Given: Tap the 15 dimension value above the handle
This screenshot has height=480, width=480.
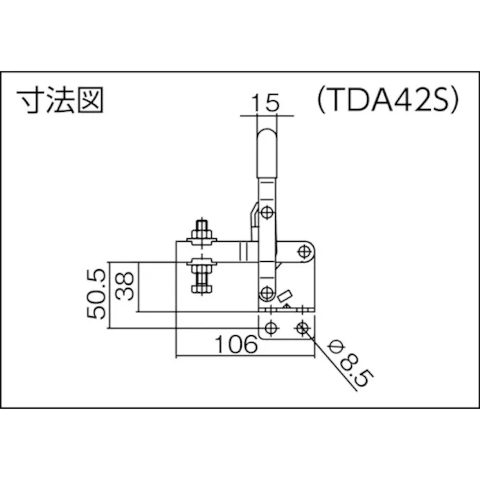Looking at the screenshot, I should coord(267,103).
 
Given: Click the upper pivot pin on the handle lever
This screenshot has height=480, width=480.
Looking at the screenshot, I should coord(267,213).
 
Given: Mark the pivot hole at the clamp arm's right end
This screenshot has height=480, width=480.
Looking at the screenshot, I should coord(304,252).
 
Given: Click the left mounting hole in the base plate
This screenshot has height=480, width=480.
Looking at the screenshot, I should coord(271,328).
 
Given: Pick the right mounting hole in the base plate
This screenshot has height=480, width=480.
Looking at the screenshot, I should coord(302,328).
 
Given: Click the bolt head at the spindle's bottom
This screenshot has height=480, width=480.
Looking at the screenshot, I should coord(201,289).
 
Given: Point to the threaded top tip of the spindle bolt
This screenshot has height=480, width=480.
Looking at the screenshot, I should coord(201,223).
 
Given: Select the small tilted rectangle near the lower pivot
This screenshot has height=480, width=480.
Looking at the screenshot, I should coord(285,296).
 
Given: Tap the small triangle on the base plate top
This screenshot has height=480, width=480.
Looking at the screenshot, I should coord(287,306).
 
